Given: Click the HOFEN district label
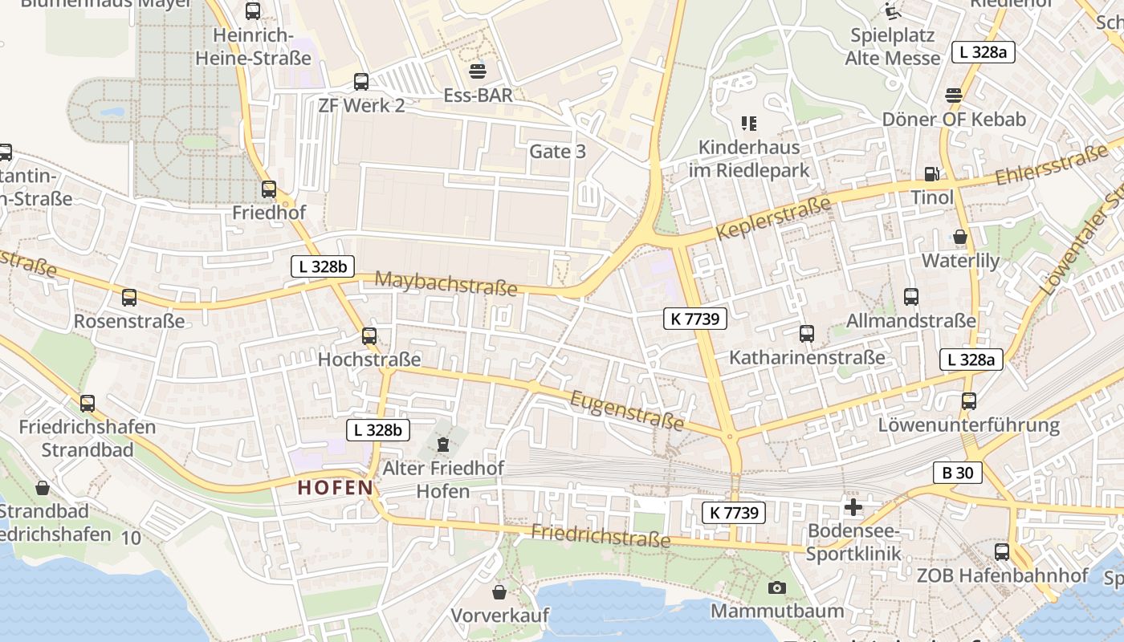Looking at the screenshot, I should click(x=336, y=487).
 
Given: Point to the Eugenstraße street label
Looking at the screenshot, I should click(x=627, y=410).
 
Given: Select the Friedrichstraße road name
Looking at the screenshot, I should click(x=601, y=535).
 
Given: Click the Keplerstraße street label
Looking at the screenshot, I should click(x=773, y=218).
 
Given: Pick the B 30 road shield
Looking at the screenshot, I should click(x=958, y=473).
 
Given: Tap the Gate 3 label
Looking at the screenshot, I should click(x=557, y=152).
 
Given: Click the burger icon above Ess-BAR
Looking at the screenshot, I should click(x=478, y=71).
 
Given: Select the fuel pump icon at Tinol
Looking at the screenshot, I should click(x=931, y=173).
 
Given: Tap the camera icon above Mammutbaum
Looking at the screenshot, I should click(x=776, y=587).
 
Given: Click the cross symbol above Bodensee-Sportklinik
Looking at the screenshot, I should click(x=853, y=506).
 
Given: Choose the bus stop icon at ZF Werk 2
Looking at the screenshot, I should click(x=361, y=81).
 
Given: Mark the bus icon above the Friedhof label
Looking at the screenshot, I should click(x=269, y=189).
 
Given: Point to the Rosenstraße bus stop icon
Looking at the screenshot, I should click(x=129, y=298).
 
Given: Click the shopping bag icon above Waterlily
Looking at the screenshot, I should click(x=959, y=237).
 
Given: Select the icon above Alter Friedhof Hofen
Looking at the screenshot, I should click(x=442, y=444).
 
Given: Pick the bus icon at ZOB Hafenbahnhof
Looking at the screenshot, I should click(x=1002, y=551).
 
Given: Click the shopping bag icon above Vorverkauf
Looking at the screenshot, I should click(x=499, y=592).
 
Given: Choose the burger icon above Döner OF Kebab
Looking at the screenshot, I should click(x=954, y=95).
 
